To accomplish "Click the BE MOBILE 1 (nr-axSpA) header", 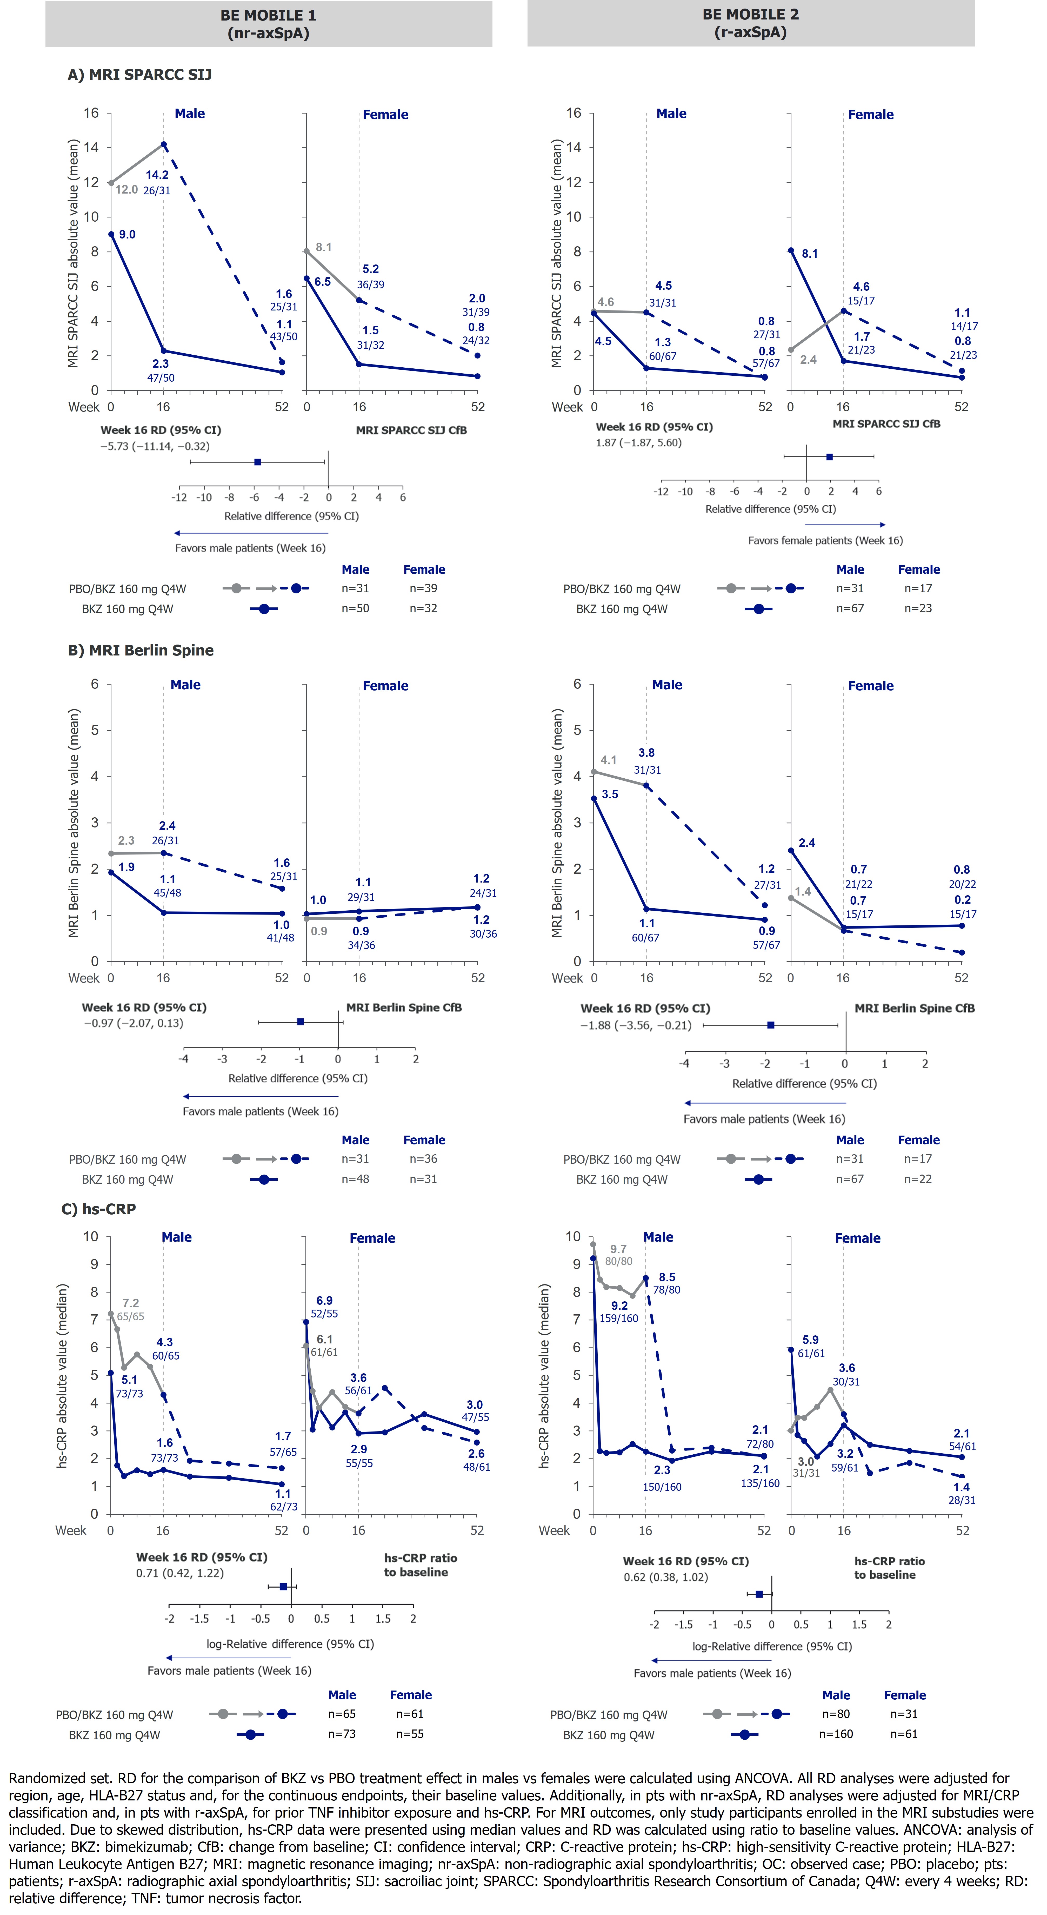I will click(268, 24).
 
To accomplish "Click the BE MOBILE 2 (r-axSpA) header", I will click(751, 23).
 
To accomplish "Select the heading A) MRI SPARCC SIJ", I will click(140, 74).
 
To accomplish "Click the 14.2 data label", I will click(157, 175).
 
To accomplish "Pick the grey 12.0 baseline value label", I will click(126, 190).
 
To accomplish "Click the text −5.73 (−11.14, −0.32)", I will click(155, 446).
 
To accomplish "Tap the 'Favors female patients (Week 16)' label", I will click(825, 540).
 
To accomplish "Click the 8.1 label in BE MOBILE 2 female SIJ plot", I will click(809, 254).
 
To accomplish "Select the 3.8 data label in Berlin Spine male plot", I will click(646, 752).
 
